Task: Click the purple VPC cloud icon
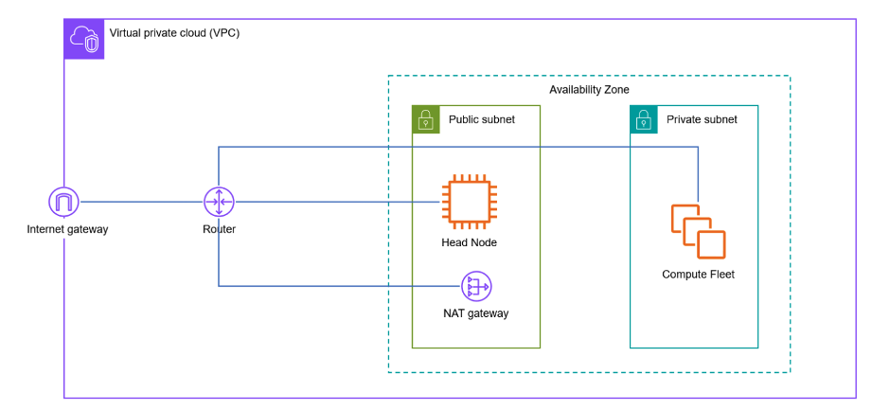(83, 39)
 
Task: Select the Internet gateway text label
(67, 229)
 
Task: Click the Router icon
(219, 201)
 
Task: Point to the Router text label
(219, 229)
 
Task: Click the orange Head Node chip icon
(469, 201)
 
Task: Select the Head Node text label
(469, 242)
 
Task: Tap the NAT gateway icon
(475, 286)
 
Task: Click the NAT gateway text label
(475, 313)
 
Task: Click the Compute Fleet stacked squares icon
(698, 231)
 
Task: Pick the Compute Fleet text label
(698, 275)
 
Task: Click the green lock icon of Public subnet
(426, 119)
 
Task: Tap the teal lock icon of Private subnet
(644, 119)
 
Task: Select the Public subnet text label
(481, 120)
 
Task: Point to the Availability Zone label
(589, 90)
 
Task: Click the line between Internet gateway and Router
(142, 201)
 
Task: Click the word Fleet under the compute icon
(719, 275)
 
